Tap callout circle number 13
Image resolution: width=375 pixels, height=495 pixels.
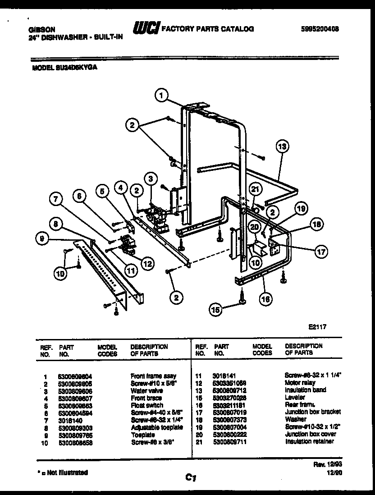(282, 147)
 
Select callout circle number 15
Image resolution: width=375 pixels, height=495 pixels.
(216, 309)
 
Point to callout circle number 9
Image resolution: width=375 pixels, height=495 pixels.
(42, 240)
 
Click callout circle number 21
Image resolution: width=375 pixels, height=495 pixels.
(256, 189)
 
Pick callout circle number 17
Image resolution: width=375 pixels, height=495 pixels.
(321, 252)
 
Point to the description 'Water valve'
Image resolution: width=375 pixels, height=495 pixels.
(143, 390)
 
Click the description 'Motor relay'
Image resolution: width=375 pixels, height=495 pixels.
(300, 382)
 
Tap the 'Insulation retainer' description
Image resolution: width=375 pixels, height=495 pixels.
(309, 441)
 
